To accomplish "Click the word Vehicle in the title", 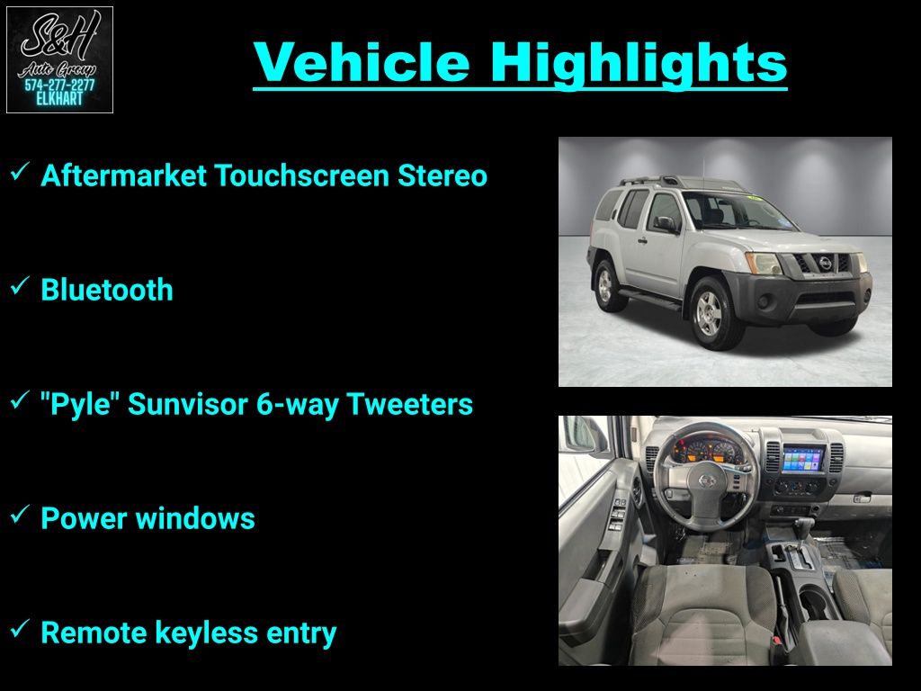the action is (362, 62).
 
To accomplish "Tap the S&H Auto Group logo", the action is (59, 60).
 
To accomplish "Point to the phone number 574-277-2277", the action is (59, 85).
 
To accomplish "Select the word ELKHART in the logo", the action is (60, 99).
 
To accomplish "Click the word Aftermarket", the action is (123, 175).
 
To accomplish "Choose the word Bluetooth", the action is (107, 290).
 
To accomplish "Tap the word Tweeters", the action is (409, 404).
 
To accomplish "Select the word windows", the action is (195, 518).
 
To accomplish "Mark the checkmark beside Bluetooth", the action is (20, 286).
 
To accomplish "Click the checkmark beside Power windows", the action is (20, 515).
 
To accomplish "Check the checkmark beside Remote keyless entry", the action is (20, 629).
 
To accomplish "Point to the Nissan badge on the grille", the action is (826, 264).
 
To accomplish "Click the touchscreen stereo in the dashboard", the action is (802, 460).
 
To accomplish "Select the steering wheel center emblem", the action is (708, 480).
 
